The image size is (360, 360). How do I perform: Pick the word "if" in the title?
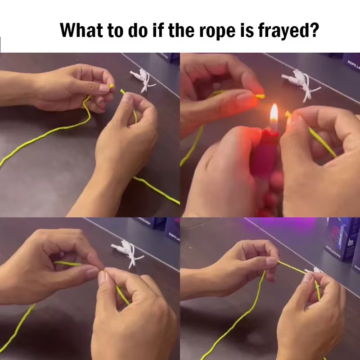click(163, 31)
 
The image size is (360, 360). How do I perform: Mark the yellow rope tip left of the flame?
click(260, 96)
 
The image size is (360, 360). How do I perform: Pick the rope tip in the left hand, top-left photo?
click(112, 86)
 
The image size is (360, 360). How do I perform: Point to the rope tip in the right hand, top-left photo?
click(122, 91)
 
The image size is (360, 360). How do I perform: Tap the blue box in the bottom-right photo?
click(340, 238)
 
